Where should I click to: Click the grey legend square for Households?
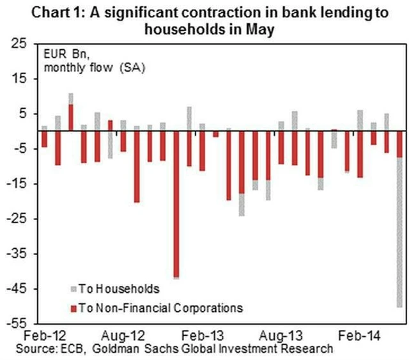point(73,289)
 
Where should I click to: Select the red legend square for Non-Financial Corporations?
point(73,308)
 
